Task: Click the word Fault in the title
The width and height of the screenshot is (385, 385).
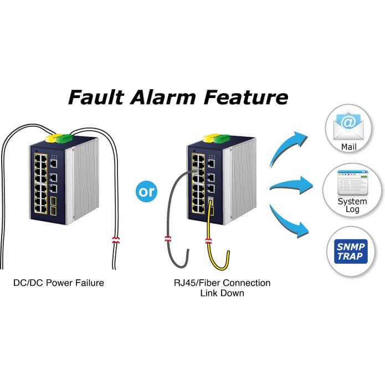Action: (x=96, y=97)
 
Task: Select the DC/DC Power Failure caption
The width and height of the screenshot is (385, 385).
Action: (x=58, y=283)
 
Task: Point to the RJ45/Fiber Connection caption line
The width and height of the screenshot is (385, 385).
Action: (x=222, y=283)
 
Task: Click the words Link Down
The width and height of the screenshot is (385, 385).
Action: (x=222, y=293)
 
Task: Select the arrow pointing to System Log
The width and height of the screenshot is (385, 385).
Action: (x=291, y=183)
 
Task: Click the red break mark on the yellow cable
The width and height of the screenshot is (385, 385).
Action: (x=209, y=242)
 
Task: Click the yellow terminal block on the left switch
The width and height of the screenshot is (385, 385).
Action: (x=51, y=137)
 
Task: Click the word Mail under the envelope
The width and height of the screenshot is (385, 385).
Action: (x=349, y=148)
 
